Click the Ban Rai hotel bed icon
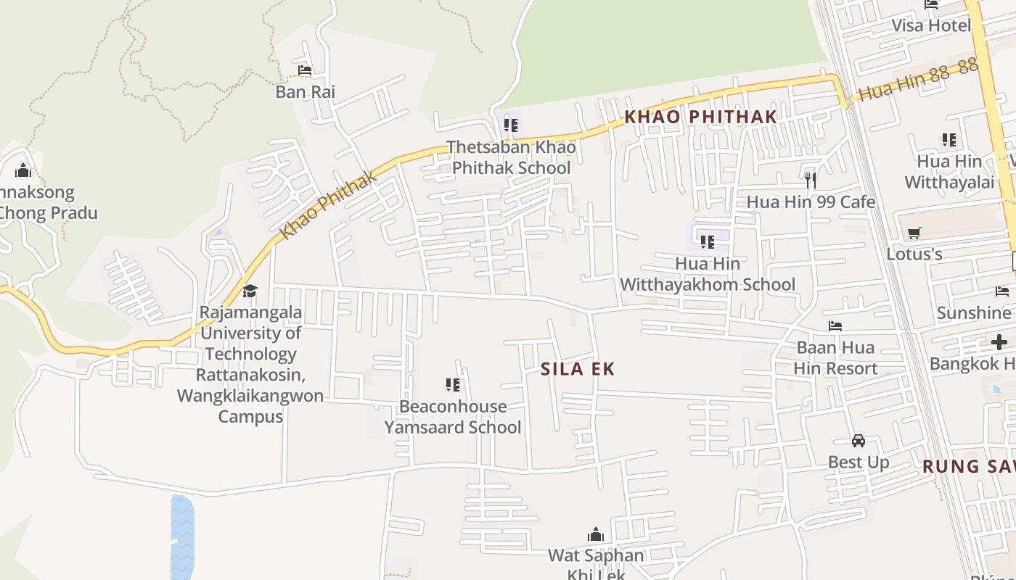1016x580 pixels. tap(305, 70)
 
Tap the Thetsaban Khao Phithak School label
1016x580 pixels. tap(511, 157)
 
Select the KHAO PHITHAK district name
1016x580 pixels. tap(700, 117)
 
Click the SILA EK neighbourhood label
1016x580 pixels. tap(578, 369)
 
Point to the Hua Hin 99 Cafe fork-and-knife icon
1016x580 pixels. tap(811, 179)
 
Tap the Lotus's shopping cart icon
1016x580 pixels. tap(914, 233)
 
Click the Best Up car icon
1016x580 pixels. tap(859, 440)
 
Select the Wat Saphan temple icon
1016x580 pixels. tap(596, 535)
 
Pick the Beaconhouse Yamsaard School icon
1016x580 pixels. tap(453, 384)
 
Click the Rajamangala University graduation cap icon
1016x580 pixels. tap(250, 291)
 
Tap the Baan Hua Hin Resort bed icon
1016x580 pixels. tap(835, 326)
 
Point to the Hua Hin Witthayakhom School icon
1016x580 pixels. tap(707, 241)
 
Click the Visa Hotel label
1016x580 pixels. tap(930, 26)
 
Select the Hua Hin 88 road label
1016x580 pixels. tap(917, 80)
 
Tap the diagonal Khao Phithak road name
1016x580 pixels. tap(329, 205)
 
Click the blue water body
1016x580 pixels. tap(182, 536)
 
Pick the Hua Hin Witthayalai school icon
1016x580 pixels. tap(949, 139)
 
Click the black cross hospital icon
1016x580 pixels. tap(999, 342)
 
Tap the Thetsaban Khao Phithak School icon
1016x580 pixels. tap(511, 125)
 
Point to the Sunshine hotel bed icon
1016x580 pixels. tap(1002, 291)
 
